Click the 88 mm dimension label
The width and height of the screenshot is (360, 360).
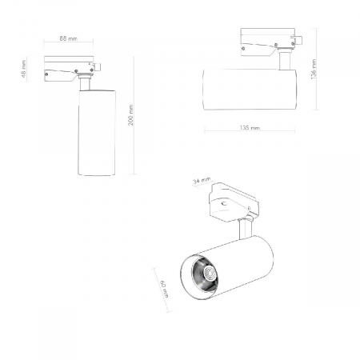(69, 38)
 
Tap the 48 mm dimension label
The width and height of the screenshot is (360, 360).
(24, 69)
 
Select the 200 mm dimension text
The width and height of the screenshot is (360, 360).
(131, 115)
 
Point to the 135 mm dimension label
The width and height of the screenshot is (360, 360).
(250, 128)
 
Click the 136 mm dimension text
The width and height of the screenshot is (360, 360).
(314, 69)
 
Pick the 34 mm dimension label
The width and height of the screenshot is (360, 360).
(202, 181)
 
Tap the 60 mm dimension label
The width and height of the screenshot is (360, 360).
(165, 289)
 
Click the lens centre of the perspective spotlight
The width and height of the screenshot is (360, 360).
(209, 274)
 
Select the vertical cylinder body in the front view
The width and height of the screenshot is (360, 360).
(97, 133)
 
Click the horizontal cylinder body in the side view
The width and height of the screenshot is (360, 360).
(250, 90)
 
